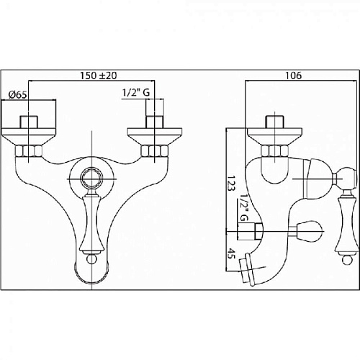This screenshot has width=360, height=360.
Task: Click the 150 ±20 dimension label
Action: [99, 76]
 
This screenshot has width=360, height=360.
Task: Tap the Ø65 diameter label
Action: [17, 95]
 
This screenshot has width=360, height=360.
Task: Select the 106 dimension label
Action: [293, 76]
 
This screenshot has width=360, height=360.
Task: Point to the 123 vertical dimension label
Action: [231, 183]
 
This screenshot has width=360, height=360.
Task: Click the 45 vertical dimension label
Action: [231, 253]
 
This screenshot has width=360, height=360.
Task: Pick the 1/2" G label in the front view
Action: [136, 92]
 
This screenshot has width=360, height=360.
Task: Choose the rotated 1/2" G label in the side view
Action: [243, 207]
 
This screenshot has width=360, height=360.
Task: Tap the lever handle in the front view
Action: [92, 223]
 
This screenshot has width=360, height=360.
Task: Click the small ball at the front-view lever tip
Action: [92, 259]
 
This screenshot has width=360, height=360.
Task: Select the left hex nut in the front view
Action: [28, 150]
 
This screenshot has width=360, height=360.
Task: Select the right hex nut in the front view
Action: [155, 150]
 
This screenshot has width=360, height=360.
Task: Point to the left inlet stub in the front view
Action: [29, 122]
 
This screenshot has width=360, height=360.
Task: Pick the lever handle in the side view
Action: [346, 225]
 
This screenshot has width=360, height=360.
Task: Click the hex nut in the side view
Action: [274, 150]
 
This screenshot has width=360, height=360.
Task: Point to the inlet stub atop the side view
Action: [274, 122]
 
